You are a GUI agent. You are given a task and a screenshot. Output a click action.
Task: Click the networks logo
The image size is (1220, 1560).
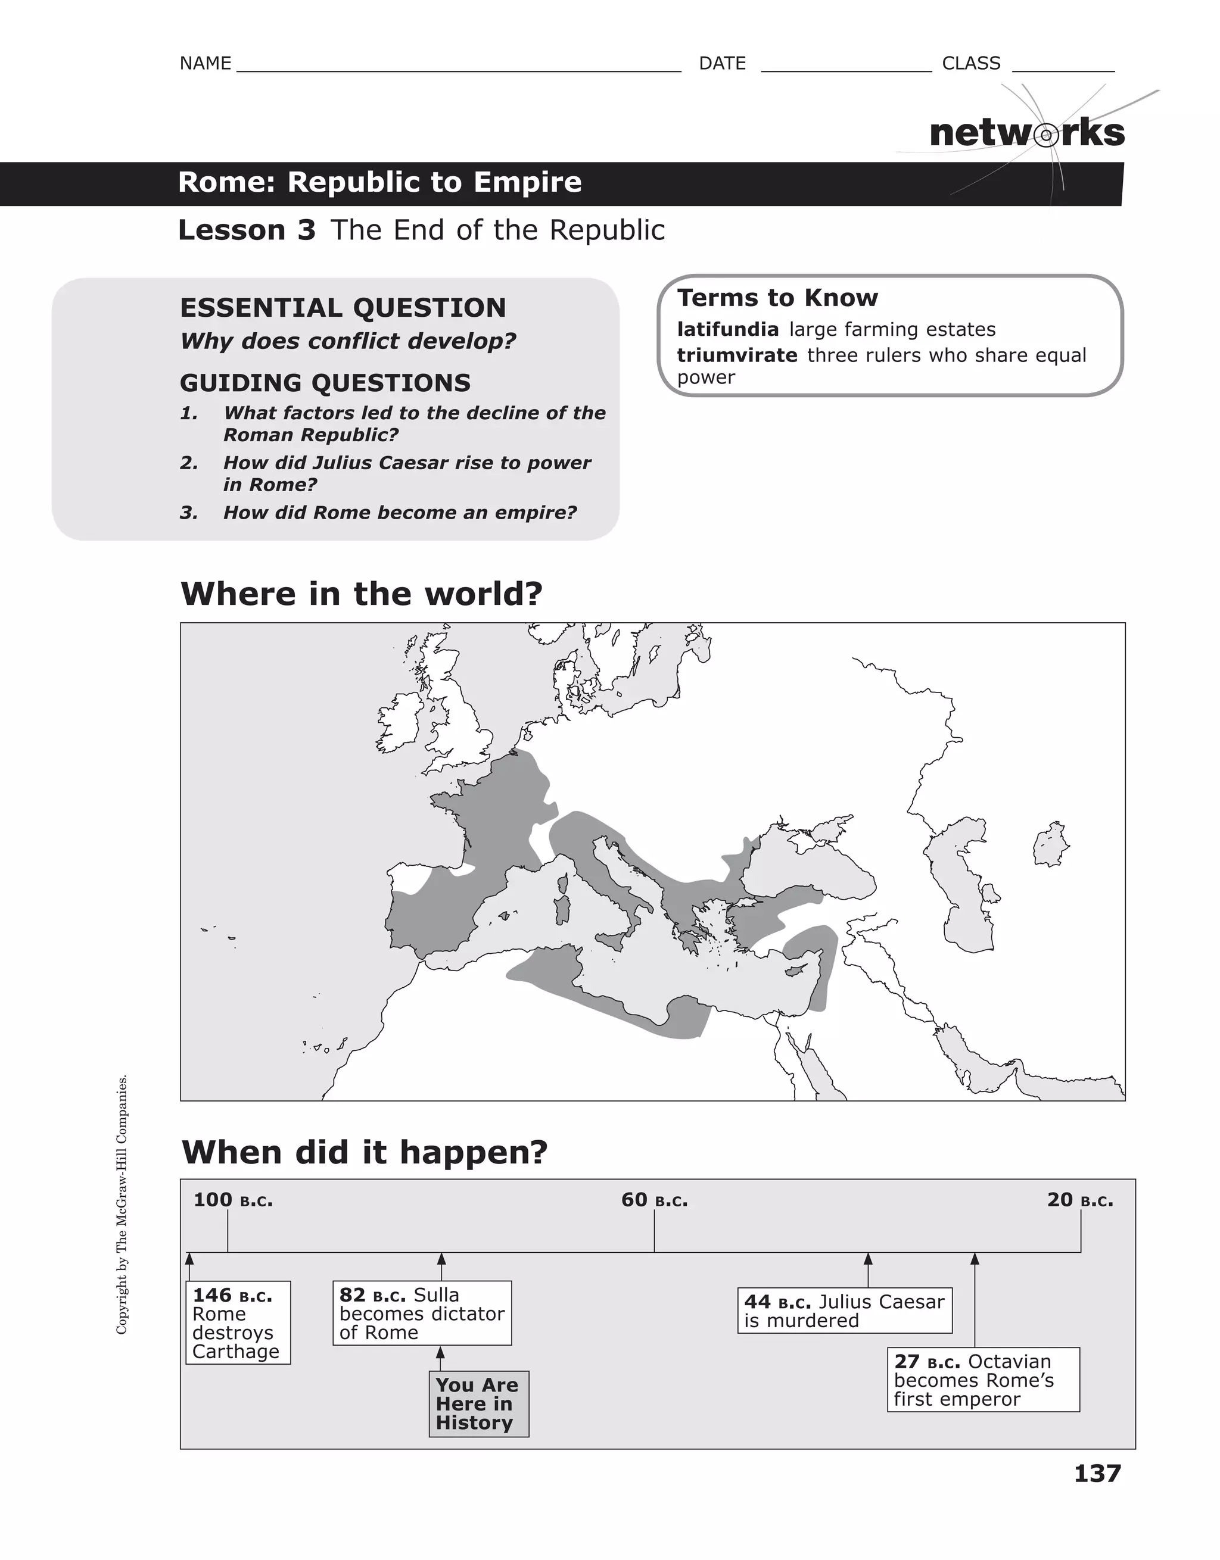(x=1026, y=133)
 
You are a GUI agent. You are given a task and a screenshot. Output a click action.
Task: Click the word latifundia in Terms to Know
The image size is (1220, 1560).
(x=727, y=329)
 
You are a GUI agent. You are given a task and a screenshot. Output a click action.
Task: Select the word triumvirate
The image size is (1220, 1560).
(x=736, y=355)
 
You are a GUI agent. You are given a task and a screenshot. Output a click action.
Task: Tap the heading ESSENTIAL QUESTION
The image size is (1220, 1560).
(x=343, y=308)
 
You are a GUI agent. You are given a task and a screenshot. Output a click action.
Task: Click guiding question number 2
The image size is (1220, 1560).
(x=407, y=473)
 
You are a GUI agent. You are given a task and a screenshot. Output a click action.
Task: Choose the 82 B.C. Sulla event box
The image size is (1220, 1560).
(x=422, y=1313)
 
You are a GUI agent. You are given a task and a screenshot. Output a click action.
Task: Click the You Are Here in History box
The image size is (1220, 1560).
(x=478, y=1403)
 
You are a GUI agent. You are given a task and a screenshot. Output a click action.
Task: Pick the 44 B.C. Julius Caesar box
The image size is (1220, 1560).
(x=844, y=1311)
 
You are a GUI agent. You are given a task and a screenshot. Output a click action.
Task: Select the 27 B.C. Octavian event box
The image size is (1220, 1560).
(x=983, y=1379)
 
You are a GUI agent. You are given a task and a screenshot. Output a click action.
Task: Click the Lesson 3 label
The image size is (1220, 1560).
(x=247, y=230)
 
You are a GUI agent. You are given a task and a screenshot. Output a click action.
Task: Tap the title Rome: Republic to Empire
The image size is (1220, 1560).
(x=379, y=182)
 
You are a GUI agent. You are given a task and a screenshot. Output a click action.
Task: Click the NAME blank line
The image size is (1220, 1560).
(x=457, y=65)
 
